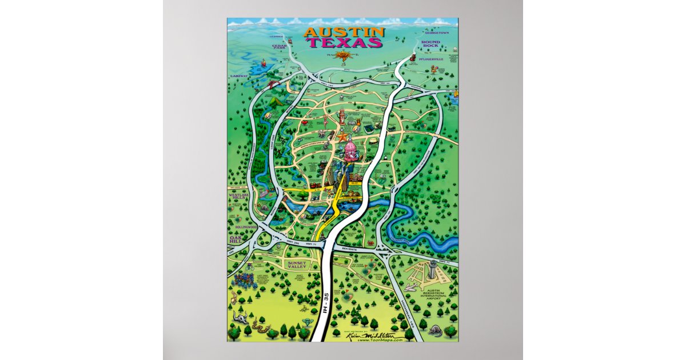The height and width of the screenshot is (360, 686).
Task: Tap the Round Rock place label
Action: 430,45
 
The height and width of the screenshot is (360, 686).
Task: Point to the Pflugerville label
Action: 431,58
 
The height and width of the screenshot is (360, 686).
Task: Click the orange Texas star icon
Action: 342,137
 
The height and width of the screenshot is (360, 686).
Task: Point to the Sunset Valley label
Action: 297,265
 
